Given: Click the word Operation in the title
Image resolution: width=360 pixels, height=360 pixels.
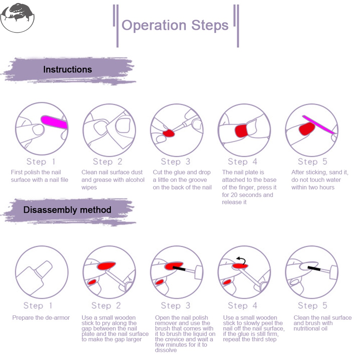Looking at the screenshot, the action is click(154, 25).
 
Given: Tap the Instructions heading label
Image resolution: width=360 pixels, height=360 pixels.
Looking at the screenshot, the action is click(68, 69).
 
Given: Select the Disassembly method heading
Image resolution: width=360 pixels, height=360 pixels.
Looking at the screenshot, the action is click(67, 210).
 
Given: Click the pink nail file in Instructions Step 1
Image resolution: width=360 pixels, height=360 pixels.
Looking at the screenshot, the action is click(54, 122).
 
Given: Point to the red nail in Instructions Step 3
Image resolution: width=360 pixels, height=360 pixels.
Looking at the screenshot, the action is click(169, 133).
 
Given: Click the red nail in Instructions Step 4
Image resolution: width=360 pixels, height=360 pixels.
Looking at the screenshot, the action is click(241, 131).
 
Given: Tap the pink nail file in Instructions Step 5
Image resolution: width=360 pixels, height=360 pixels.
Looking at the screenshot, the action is click(319, 124).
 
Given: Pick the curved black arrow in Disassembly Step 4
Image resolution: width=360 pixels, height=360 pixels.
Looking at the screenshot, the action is click(242, 260).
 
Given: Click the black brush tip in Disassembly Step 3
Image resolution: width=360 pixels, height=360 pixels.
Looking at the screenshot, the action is click(179, 268).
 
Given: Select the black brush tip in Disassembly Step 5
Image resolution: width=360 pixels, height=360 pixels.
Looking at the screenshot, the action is click(314, 268).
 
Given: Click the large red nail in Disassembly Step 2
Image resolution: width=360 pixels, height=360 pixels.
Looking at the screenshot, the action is click(106, 266).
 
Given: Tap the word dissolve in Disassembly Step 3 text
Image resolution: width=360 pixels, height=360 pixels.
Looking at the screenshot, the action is click(166, 350).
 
